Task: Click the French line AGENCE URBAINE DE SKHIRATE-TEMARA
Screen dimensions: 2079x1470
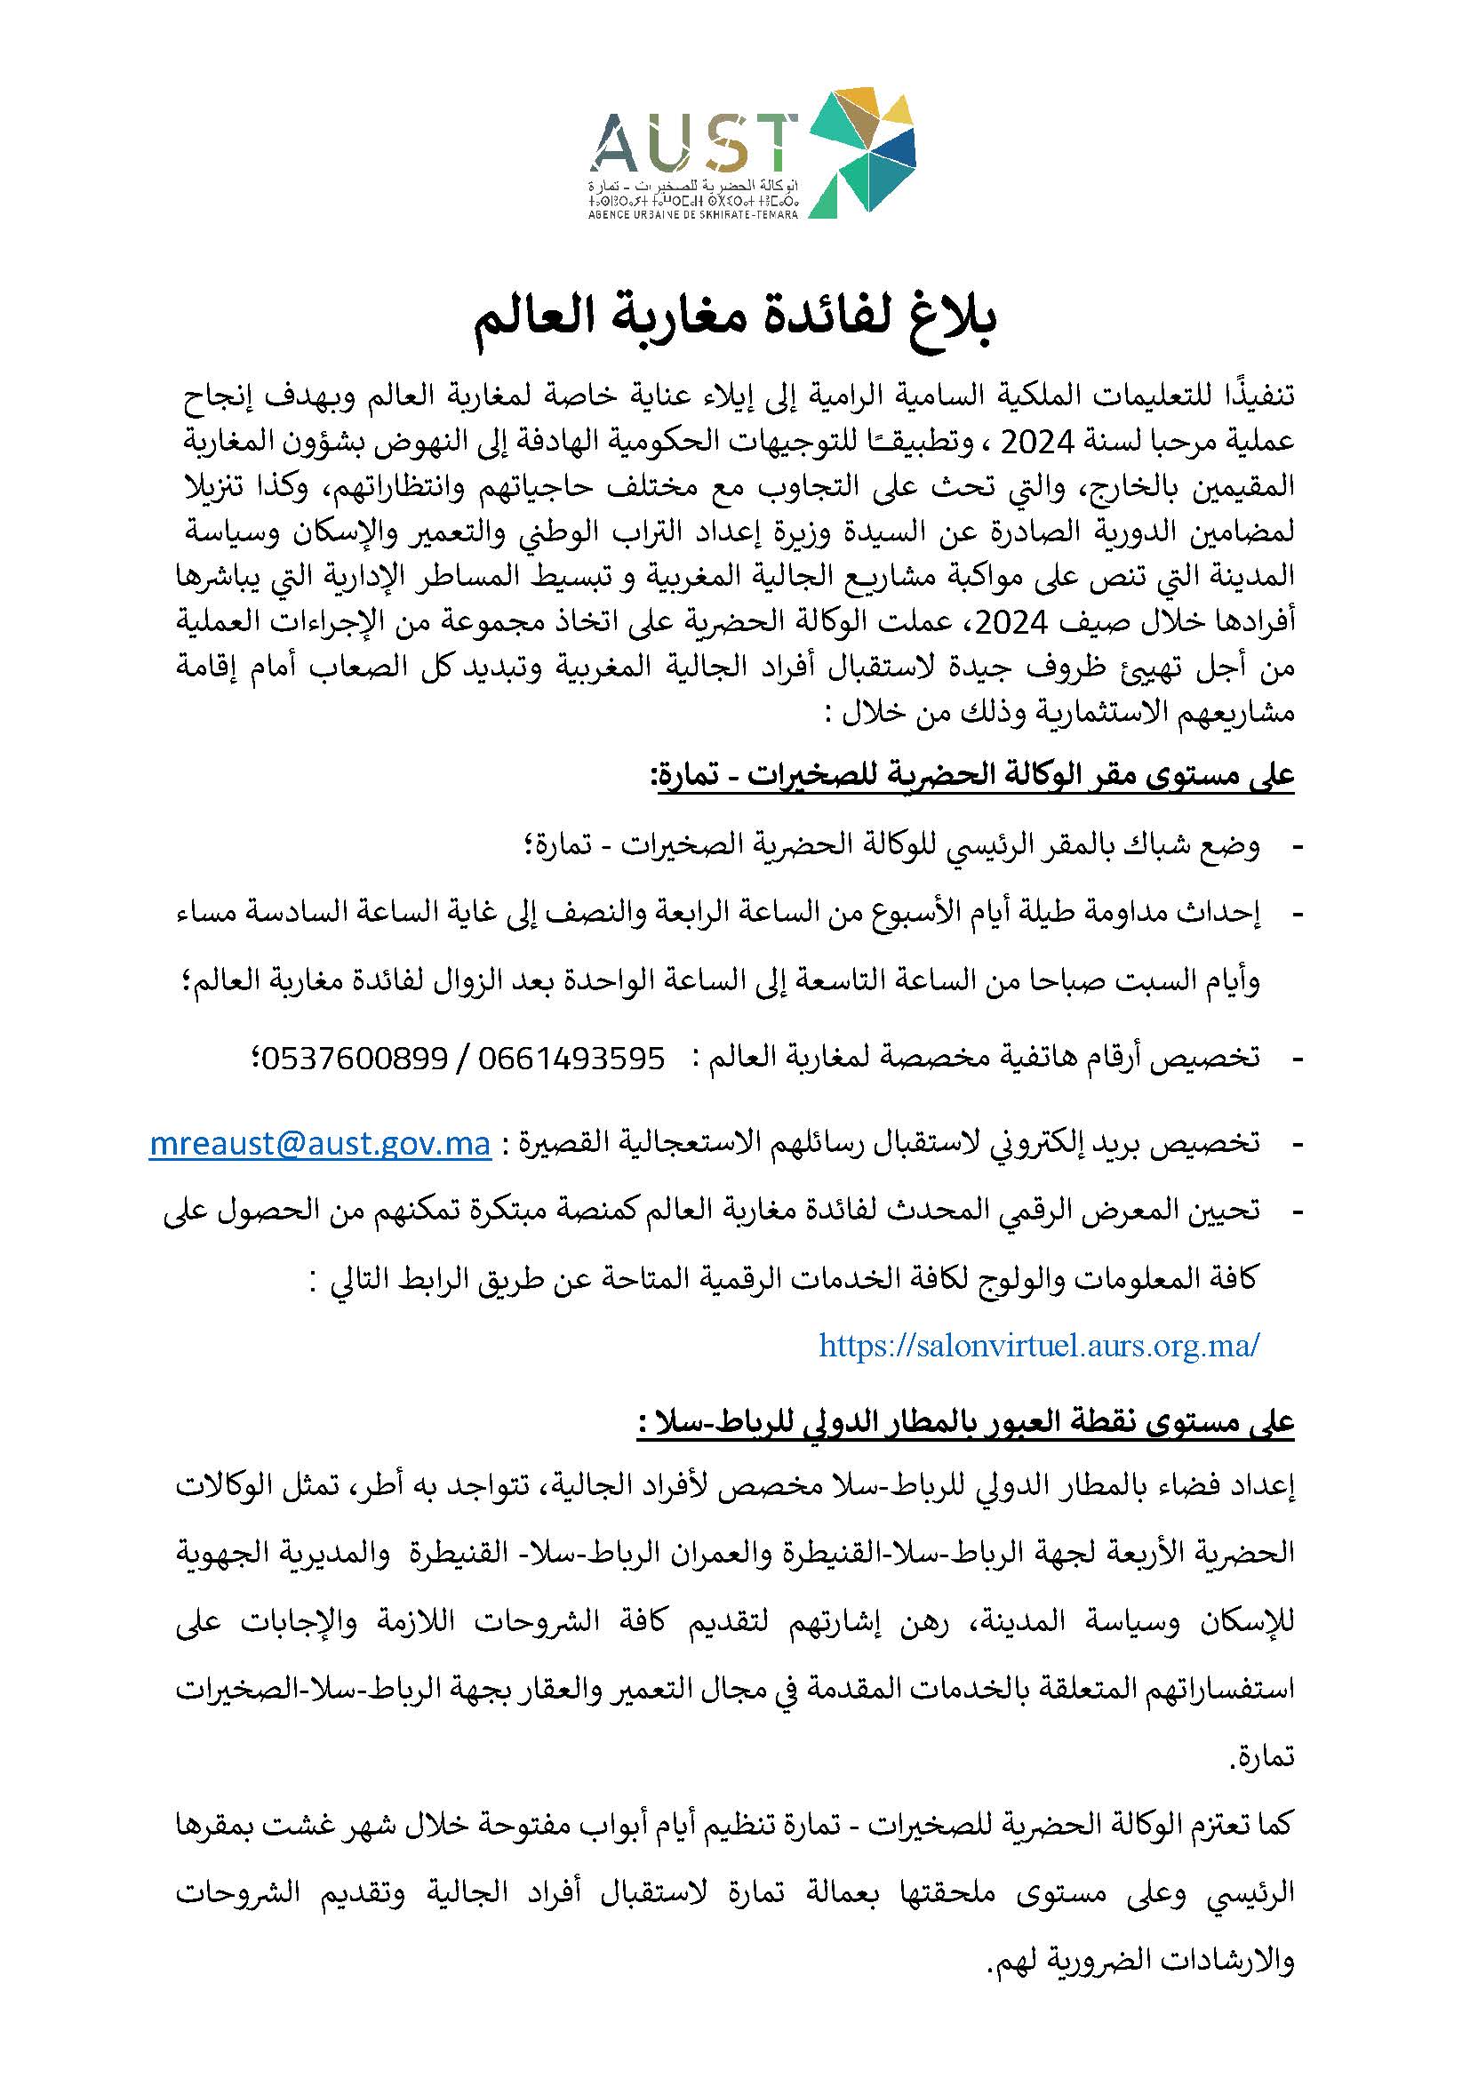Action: (693, 215)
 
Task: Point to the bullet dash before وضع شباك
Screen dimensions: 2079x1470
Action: (1295, 847)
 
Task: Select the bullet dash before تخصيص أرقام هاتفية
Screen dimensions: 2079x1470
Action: (1295, 1058)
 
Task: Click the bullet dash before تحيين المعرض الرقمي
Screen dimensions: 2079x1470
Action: (1295, 1211)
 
